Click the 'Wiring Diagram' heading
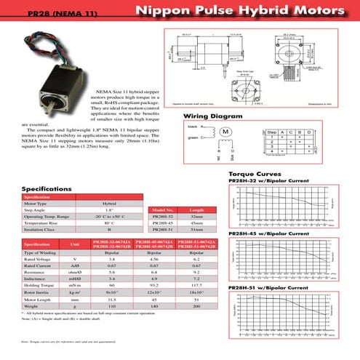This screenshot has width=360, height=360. click(212, 116)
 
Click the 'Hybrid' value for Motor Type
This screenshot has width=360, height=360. click(109, 204)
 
